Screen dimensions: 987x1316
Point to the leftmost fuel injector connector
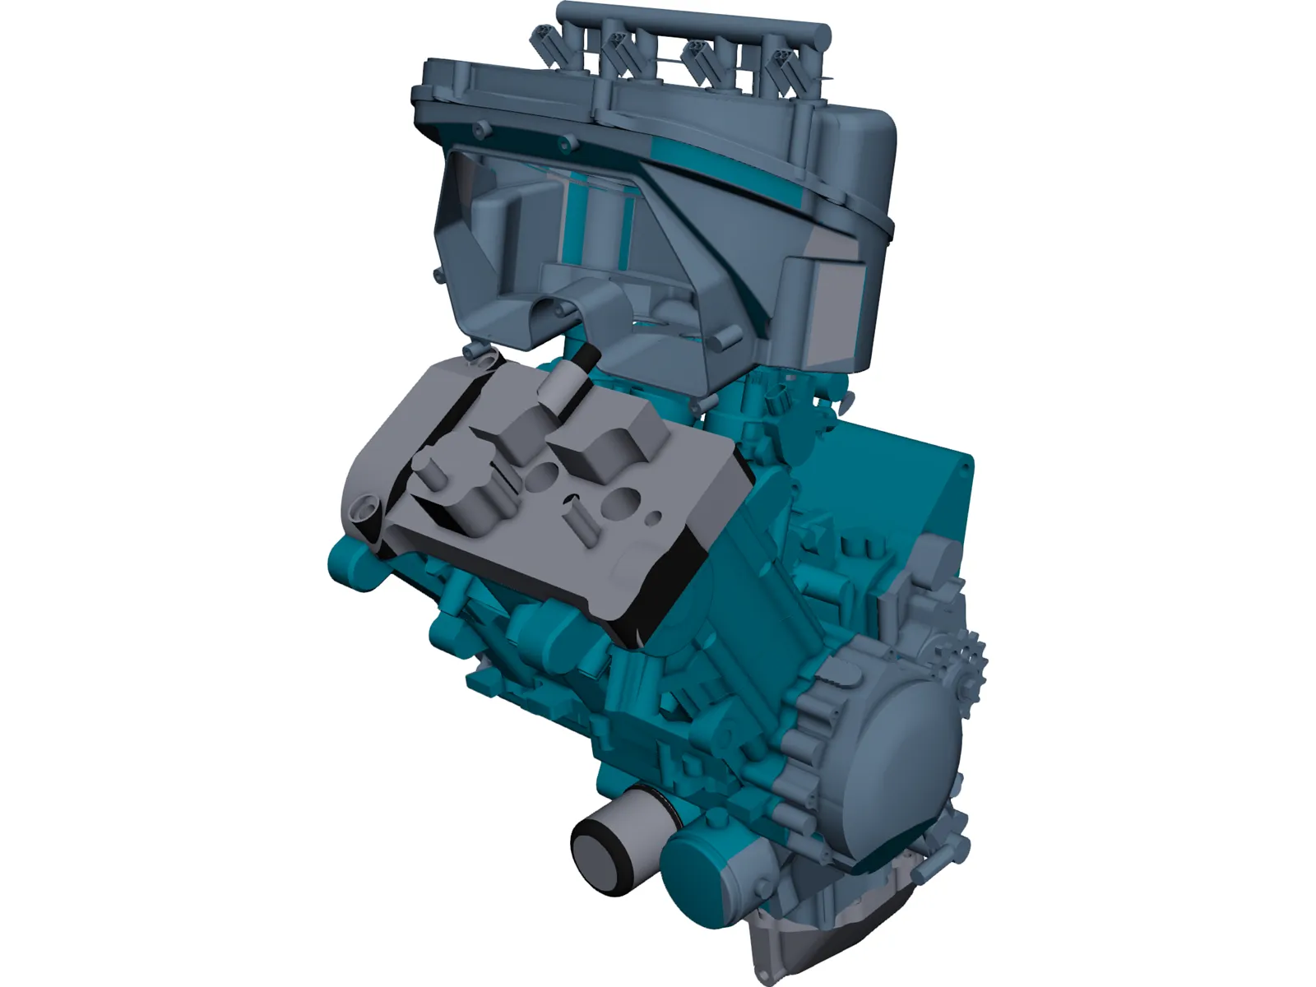tap(546, 39)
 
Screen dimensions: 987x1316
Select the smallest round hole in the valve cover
tap(656, 518)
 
